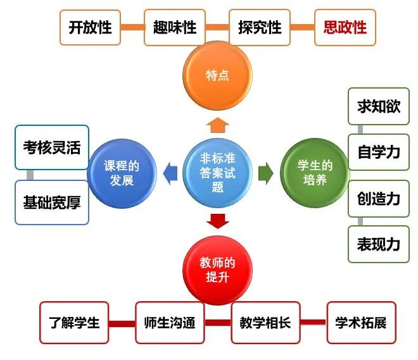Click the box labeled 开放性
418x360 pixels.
90,28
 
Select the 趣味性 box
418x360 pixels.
175,28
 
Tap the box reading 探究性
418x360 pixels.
260,28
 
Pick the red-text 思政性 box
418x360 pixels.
345,28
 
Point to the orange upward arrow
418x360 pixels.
217,124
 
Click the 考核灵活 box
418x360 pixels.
52,147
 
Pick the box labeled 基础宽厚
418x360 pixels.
52,202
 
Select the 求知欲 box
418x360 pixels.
379,106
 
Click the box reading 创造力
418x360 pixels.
379,199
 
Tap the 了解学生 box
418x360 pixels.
75,323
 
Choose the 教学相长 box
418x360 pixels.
265,323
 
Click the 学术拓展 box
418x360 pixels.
361,323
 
